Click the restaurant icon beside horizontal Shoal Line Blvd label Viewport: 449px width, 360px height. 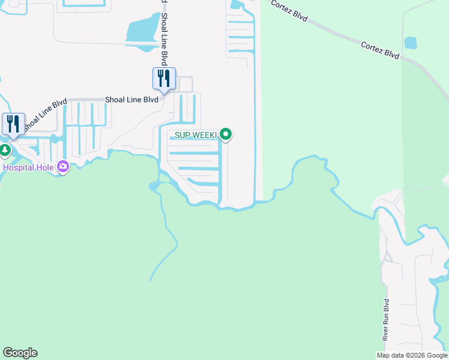164,79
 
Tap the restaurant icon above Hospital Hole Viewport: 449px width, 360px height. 13,124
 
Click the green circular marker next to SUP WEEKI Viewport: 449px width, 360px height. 226,134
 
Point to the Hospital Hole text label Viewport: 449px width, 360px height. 29,167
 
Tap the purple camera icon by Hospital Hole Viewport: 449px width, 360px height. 63,167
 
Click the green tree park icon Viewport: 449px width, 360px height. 5,149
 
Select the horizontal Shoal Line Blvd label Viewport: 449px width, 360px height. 131,100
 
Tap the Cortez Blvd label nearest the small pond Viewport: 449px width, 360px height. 381,50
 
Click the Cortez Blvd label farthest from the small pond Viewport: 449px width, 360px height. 289,11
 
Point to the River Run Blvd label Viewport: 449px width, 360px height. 387,320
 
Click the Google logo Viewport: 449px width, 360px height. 20,353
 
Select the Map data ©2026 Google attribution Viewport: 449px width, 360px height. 412,355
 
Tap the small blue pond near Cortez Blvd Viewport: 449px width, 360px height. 411,43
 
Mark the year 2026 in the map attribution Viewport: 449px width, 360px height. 417,355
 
